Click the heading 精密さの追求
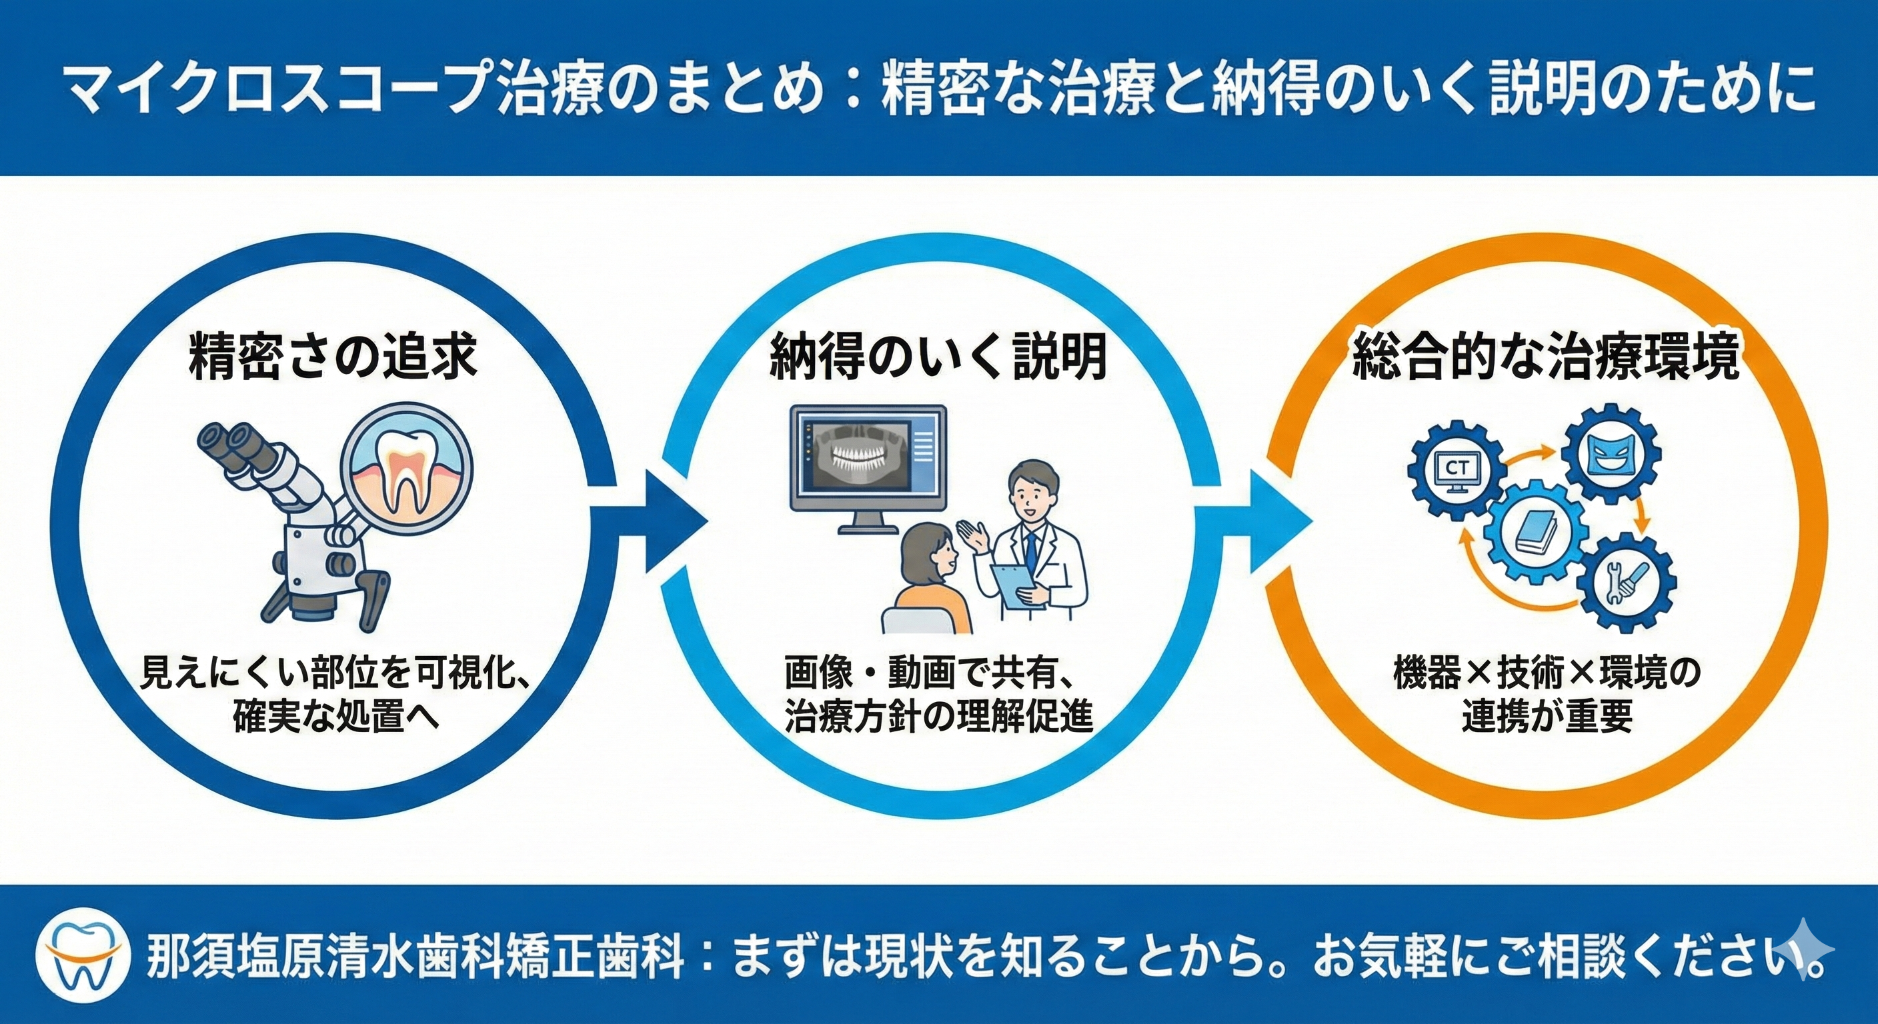[x=333, y=357]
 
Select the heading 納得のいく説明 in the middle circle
[x=938, y=357]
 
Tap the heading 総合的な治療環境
[x=1547, y=357]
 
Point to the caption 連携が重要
[x=1547, y=718]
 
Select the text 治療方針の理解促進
[x=938, y=718]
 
